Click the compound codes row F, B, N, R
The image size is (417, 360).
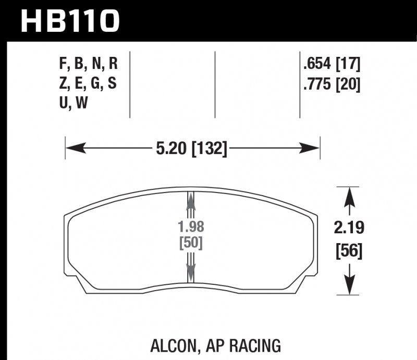pyautogui.click(x=89, y=65)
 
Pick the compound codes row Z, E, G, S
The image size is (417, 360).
pyautogui.click(x=89, y=83)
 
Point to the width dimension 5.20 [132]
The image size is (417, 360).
pyautogui.click(x=192, y=149)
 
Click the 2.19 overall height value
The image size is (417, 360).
pyautogui.click(x=347, y=229)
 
